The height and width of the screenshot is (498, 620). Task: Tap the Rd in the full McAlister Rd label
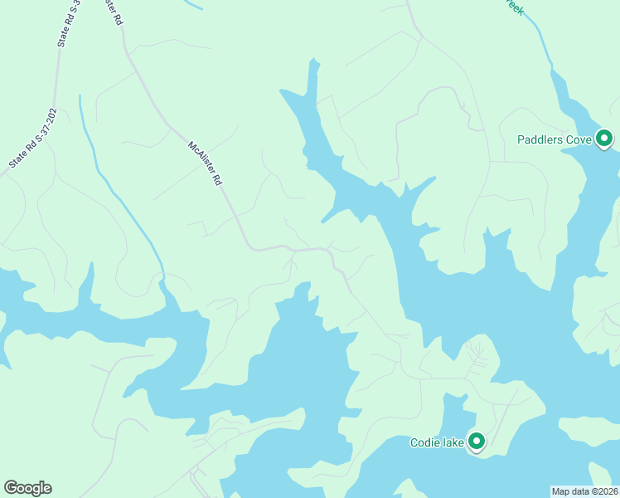click(218, 178)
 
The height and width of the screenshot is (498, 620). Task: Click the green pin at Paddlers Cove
click(605, 139)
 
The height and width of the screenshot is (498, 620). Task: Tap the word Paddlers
click(541, 139)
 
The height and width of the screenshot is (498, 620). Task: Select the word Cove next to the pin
click(579, 139)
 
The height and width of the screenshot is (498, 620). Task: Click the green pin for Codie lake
click(477, 441)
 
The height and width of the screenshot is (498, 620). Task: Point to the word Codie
click(425, 442)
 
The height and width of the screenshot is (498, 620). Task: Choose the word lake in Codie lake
click(453, 442)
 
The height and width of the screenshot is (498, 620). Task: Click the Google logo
click(27, 488)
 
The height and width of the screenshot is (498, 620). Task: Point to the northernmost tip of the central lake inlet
click(313, 61)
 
